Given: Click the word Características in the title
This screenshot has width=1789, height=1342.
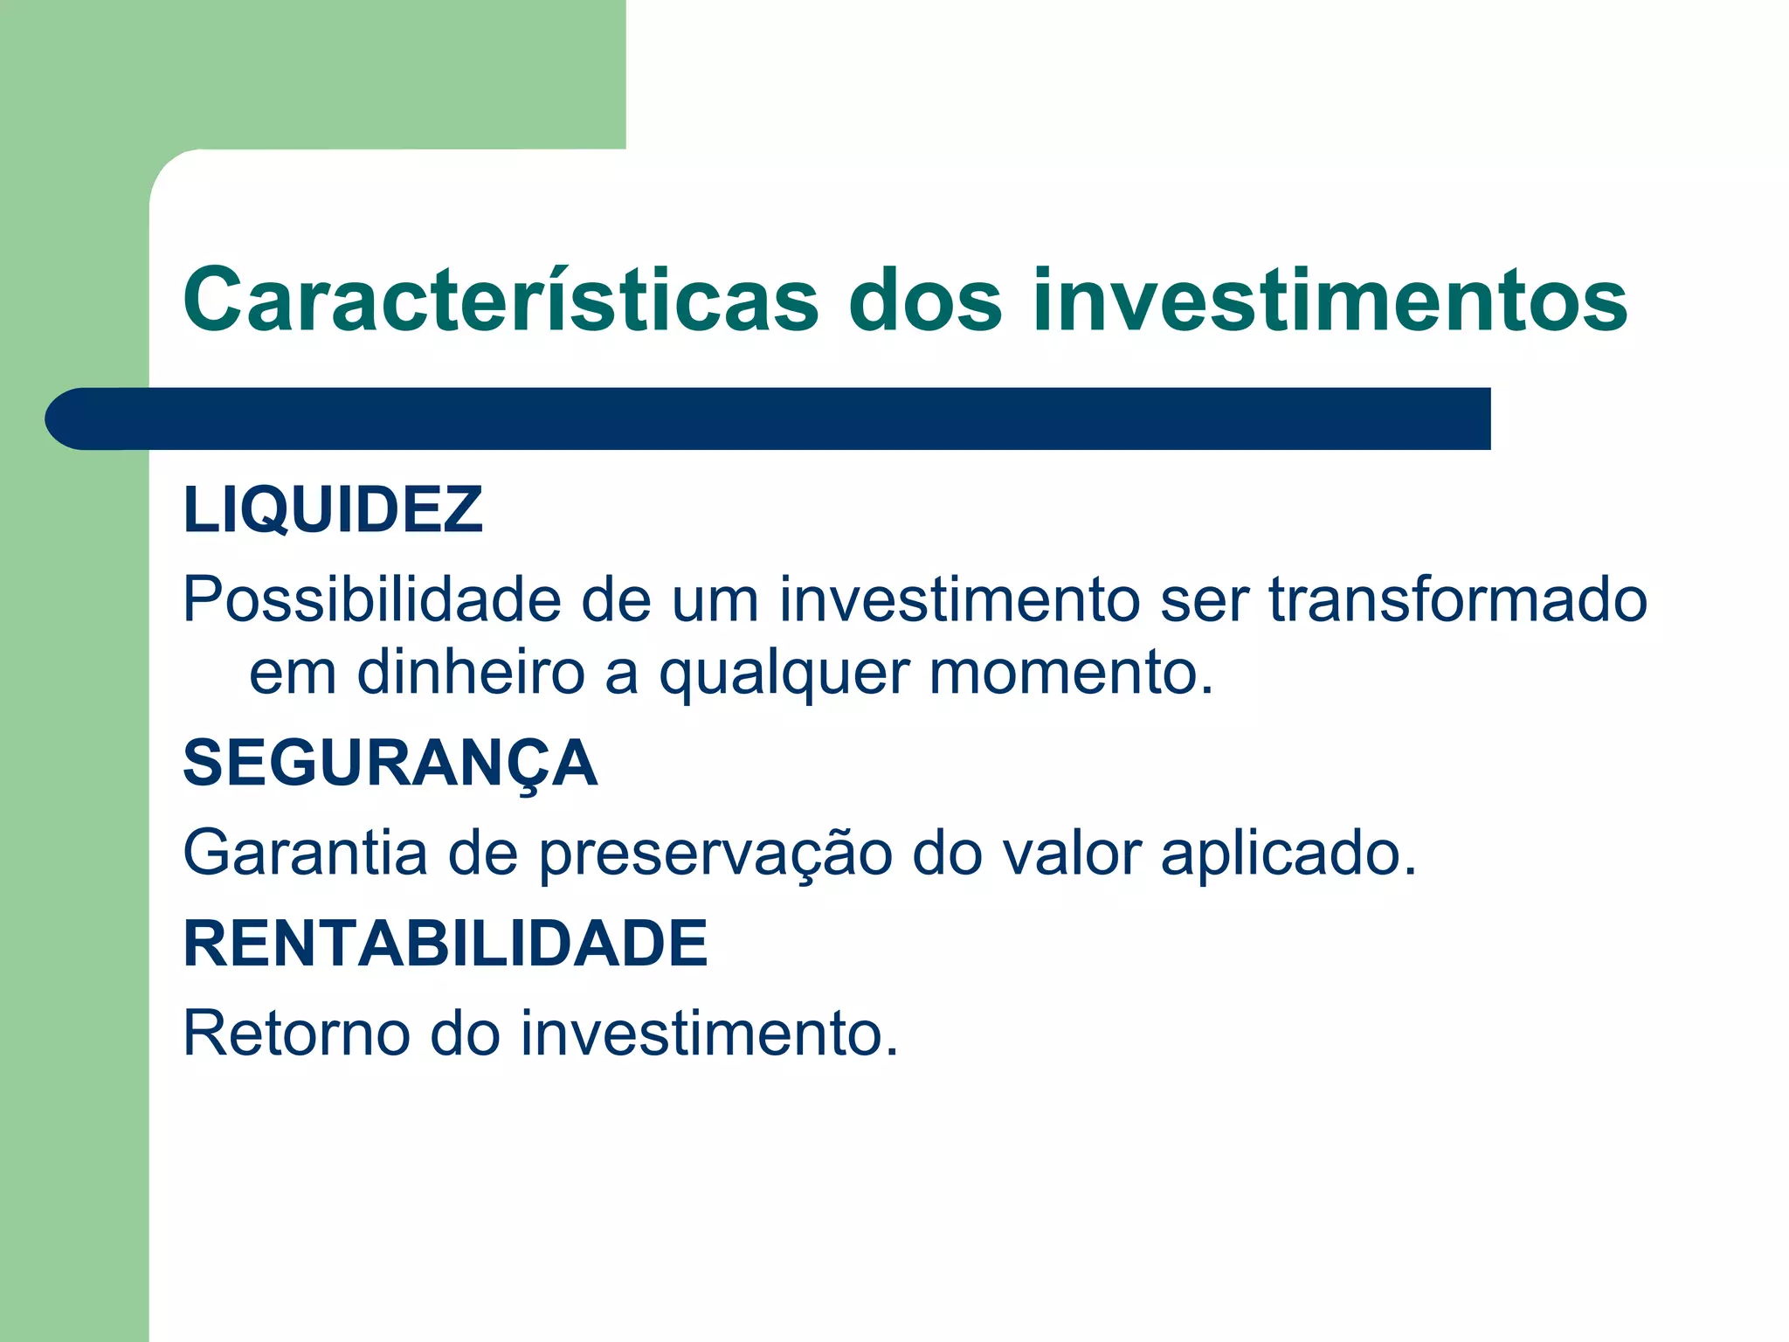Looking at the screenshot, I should pos(501,300).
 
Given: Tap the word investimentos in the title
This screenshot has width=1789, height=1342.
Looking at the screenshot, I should pos(1330,300).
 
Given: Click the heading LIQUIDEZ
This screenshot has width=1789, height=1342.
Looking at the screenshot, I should pos(332,509).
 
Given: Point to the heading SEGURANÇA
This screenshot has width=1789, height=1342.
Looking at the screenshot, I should pos(390,764).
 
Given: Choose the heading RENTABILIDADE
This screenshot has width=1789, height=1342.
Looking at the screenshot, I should pos(445,944).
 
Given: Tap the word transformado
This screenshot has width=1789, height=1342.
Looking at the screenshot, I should pos(1458,600).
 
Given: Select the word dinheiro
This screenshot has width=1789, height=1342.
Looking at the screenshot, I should pos(470,673).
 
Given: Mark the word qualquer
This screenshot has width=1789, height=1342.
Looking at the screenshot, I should pos(784,674).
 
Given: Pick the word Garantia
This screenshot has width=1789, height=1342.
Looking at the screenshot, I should pos(305,853).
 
